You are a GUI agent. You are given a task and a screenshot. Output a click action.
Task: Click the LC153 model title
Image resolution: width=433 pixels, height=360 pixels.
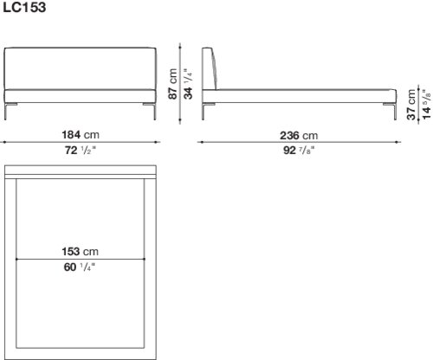24,8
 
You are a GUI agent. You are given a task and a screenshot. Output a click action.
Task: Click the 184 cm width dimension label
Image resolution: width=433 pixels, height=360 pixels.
81,135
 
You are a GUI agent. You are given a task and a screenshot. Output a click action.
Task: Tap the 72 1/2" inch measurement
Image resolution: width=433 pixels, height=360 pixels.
80,151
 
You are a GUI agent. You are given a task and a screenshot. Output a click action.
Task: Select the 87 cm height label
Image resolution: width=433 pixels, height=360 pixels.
172,84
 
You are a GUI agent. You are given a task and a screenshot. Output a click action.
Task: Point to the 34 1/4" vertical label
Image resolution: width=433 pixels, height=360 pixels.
188,84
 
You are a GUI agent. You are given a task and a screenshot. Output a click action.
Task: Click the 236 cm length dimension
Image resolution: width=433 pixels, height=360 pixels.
299,135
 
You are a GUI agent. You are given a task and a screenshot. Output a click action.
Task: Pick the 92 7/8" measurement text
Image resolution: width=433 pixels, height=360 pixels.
299,151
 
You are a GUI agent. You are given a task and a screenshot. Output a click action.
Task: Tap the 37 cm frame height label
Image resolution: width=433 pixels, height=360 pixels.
411,104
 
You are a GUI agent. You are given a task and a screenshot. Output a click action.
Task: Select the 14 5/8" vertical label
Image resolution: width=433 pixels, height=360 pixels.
426,104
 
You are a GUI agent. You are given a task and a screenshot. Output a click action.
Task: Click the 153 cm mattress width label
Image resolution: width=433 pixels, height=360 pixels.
80,252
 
